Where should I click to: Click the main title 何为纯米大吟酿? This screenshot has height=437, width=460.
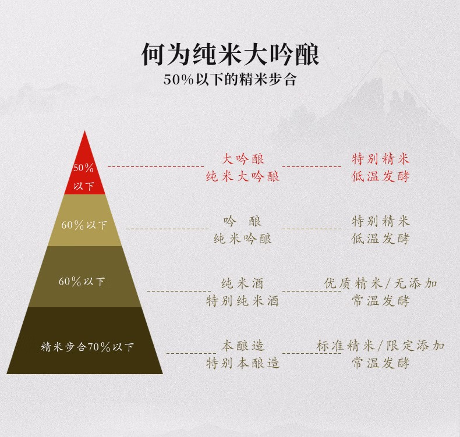point(229,54)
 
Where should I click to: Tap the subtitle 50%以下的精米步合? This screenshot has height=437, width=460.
point(229,80)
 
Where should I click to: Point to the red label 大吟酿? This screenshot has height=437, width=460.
point(243,158)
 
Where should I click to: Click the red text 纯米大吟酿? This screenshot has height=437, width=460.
point(243,176)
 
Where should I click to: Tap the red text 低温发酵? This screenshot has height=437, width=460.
point(381,176)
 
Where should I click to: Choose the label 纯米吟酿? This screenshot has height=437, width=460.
point(243,238)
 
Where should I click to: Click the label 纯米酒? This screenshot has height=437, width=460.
point(243,283)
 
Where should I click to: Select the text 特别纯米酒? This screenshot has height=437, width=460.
point(243,301)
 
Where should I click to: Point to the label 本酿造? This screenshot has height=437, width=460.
point(243,346)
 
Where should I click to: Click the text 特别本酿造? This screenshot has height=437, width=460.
point(243,363)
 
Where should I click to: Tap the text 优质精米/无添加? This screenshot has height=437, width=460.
point(381,283)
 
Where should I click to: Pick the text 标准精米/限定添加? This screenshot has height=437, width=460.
point(381,346)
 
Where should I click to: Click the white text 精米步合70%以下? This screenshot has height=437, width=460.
point(87,347)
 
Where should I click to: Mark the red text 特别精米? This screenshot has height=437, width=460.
point(381,158)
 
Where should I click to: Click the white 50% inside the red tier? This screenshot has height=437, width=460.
point(83,168)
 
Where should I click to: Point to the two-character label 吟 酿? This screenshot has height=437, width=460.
point(243,221)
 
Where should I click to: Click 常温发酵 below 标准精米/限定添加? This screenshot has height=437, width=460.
point(381,363)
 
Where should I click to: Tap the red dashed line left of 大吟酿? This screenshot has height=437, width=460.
point(155,167)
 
